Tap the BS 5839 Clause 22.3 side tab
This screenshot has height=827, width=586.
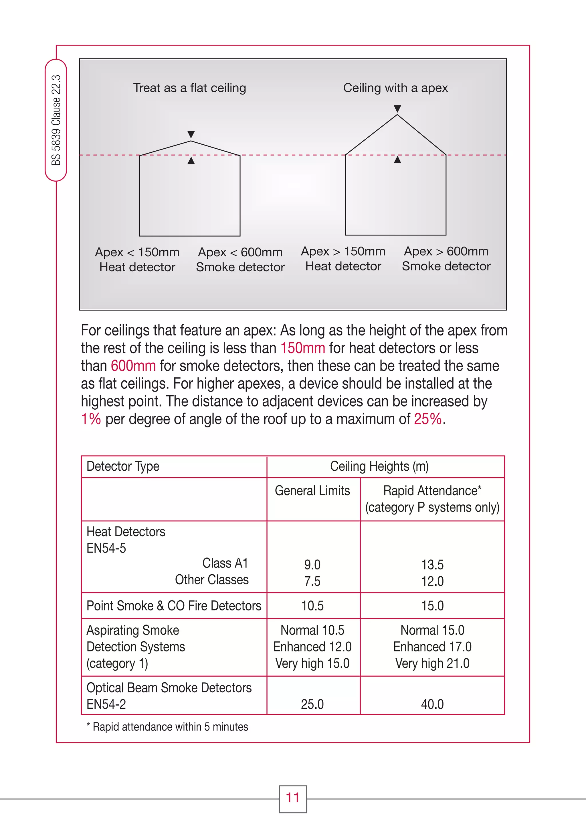click(56, 120)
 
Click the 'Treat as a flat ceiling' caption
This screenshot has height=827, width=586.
click(189, 88)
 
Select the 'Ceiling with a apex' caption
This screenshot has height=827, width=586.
click(395, 88)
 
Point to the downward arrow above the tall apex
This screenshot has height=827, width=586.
click(397, 108)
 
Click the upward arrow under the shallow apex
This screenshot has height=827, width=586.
click(191, 161)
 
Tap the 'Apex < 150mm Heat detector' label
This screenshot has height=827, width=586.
click(137, 259)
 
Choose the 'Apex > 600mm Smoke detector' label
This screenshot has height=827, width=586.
click(446, 259)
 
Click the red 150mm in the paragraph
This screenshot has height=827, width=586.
click(302, 348)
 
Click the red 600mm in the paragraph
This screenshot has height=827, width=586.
click(133, 366)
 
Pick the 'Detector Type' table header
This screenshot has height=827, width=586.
click(123, 466)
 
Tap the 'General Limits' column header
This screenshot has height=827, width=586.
click(312, 491)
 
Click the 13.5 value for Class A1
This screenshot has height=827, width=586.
click(432, 564)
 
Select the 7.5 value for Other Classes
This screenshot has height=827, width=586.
click(312, 581)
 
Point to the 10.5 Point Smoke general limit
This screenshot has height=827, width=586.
click(312, 606)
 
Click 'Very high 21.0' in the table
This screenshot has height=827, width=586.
click(432, 663)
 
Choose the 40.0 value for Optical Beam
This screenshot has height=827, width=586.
click(432, 704)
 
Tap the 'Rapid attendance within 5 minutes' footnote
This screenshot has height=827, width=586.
click(167, 727)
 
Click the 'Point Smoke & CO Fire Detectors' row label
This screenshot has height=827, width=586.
click(174, 606)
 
